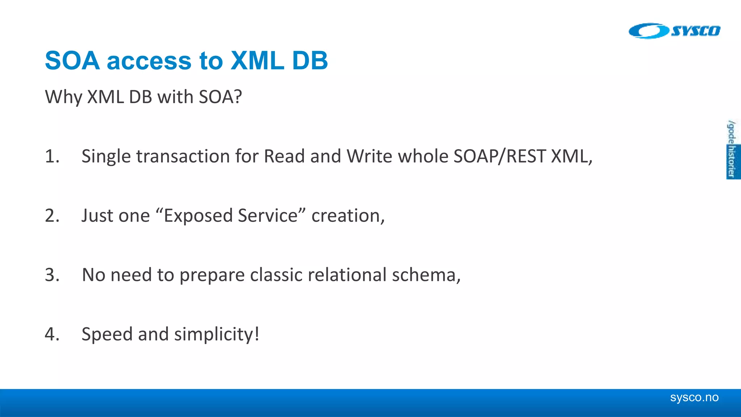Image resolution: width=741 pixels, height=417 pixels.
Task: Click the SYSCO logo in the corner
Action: (x=674, y=31)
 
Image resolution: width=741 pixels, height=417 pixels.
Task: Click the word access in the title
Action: (x=149, y=61)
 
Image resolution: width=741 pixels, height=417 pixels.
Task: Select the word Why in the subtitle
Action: (x=64, y=97)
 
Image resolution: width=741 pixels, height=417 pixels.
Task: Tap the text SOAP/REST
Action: (x=500, y=156)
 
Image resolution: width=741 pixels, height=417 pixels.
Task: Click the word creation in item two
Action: (x=347, y=216)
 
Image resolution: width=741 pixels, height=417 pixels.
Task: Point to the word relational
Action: (x=347, y=275)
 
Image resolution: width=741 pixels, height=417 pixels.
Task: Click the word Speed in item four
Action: (x=107, y=334)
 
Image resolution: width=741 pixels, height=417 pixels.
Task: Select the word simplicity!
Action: (x=216, y=334)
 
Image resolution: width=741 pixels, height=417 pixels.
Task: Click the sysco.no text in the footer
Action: (x=694, y=397)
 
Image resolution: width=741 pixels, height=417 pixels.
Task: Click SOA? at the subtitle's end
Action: (x=220, y=97)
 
